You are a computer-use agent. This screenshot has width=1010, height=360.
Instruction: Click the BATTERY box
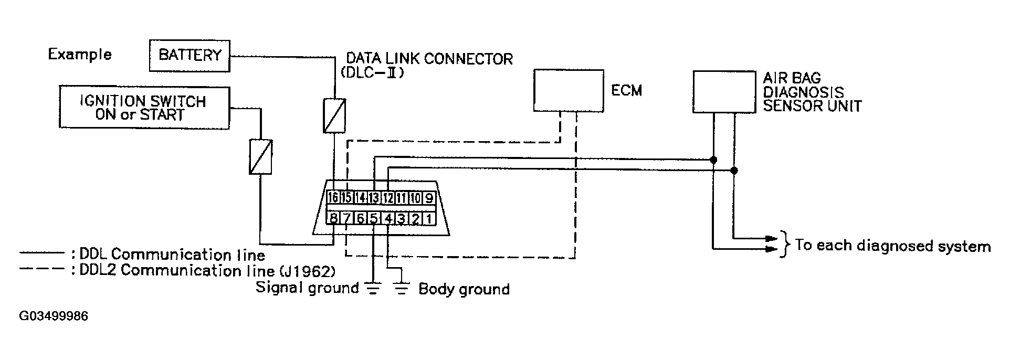coord(190,55)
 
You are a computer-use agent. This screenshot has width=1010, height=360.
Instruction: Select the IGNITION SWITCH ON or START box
coord(144,108)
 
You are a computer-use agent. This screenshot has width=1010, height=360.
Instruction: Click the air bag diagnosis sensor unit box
coord(724,91)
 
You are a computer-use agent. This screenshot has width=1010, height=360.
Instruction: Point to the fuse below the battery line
coord(334,115)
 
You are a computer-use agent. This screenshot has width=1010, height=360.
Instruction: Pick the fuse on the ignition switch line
coord(260,156)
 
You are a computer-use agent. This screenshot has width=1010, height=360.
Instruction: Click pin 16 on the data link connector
coord(333,197)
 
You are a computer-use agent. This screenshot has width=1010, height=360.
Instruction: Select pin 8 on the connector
coord(333,218)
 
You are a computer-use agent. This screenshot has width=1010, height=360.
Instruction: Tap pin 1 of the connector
coord(429,218)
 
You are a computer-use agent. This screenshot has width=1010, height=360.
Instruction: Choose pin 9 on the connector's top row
coord(429,197)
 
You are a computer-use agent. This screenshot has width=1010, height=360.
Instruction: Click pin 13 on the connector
coord(373,197)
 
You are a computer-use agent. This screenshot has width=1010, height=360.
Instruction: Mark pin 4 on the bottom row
coord(388,218)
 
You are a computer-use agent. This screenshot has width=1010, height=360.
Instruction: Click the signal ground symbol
coord(373,289)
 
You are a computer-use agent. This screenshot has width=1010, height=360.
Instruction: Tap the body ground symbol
coord(402,289)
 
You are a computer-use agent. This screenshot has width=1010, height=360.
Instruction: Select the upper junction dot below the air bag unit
coord(713,159)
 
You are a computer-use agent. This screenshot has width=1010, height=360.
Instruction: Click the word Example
coord(80,55)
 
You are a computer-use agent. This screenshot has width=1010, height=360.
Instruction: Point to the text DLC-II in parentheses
coord(372,73)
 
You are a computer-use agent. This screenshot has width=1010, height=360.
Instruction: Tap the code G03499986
coord(54,316)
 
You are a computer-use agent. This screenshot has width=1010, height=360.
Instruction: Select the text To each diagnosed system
coord(892,246)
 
